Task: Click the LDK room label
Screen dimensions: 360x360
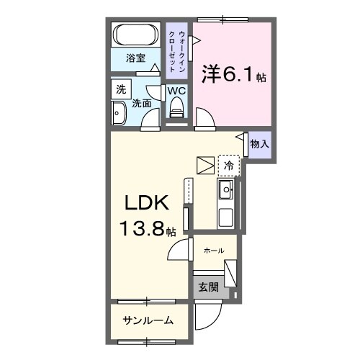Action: tap(144, 204)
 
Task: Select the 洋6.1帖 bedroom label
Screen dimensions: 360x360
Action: tap(233, 74)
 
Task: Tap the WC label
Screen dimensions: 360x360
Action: tap(176, 91)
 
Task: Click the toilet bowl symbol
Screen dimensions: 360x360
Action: tap(176, 109)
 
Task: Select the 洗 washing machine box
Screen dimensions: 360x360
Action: tap(120, 91)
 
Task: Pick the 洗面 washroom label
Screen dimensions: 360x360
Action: tap(141, 103)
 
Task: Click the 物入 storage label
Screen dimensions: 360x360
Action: tap(259, 144)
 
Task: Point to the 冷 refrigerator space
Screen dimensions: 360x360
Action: tap(228, 166)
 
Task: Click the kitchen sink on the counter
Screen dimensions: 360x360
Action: tap(225, 191)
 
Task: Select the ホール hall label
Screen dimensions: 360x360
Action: tap(213, 251)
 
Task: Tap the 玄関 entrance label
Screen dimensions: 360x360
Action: tap(207, 287)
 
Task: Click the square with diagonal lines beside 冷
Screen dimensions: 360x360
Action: tap(206, 166)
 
